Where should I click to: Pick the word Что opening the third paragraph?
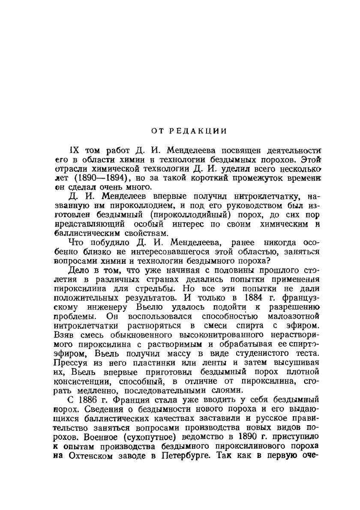pyautogui.click(x=76, y=243)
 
